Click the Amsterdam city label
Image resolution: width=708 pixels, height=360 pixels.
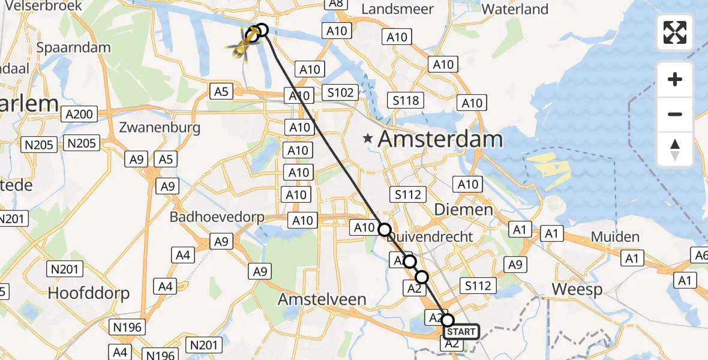point(440,140)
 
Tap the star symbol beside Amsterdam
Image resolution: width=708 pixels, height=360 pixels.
point(367,139)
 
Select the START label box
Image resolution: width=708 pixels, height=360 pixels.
point(461,332)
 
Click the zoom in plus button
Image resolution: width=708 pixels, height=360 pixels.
point(675,79)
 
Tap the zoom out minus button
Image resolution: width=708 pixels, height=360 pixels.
point(675,114)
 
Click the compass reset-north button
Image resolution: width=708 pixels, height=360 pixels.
point(675,149)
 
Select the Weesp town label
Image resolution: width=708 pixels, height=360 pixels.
point(577,289)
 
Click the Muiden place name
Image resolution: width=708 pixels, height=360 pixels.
point(615,237)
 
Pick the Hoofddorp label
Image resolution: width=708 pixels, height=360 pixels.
point(89,293)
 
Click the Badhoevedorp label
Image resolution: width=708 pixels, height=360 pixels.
point(217,217)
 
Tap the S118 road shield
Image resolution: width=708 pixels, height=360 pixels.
point(406,100)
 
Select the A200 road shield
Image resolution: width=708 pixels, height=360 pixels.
point(79,115)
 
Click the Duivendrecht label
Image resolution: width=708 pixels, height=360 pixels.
point(430,236)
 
